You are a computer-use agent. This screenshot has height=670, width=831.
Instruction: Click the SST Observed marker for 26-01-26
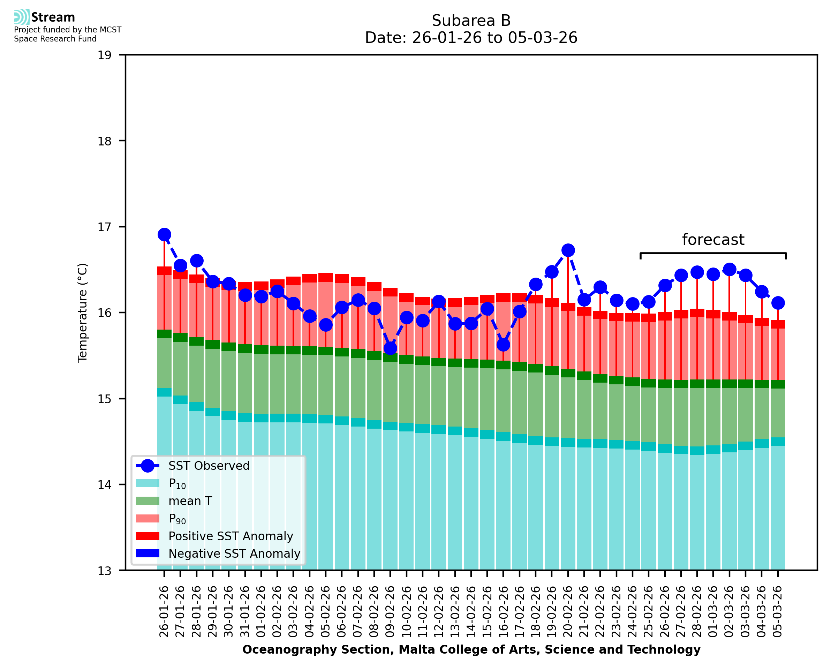point(164,235)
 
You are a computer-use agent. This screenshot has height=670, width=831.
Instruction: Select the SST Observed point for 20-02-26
point(567,250)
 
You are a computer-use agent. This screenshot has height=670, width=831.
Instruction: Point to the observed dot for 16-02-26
point(503,345)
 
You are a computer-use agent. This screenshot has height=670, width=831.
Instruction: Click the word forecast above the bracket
point(712,240)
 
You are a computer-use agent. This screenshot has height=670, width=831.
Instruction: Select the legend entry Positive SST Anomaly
point(230,536)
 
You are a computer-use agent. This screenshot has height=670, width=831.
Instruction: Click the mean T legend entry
point(190,501)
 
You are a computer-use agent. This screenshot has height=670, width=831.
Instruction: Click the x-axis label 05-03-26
point(777,611)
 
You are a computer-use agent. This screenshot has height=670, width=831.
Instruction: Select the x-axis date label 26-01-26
point(164,611)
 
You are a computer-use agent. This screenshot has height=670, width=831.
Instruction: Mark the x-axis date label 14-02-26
point(471,611)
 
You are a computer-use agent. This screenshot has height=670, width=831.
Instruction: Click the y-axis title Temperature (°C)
point(83,313)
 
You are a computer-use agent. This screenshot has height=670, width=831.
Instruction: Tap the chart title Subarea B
point(471,21)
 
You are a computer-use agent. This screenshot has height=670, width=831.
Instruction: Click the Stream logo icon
point(22,17)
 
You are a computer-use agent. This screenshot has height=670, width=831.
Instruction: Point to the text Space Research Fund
point(55,39)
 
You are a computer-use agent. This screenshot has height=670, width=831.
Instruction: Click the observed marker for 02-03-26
point(729,269)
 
